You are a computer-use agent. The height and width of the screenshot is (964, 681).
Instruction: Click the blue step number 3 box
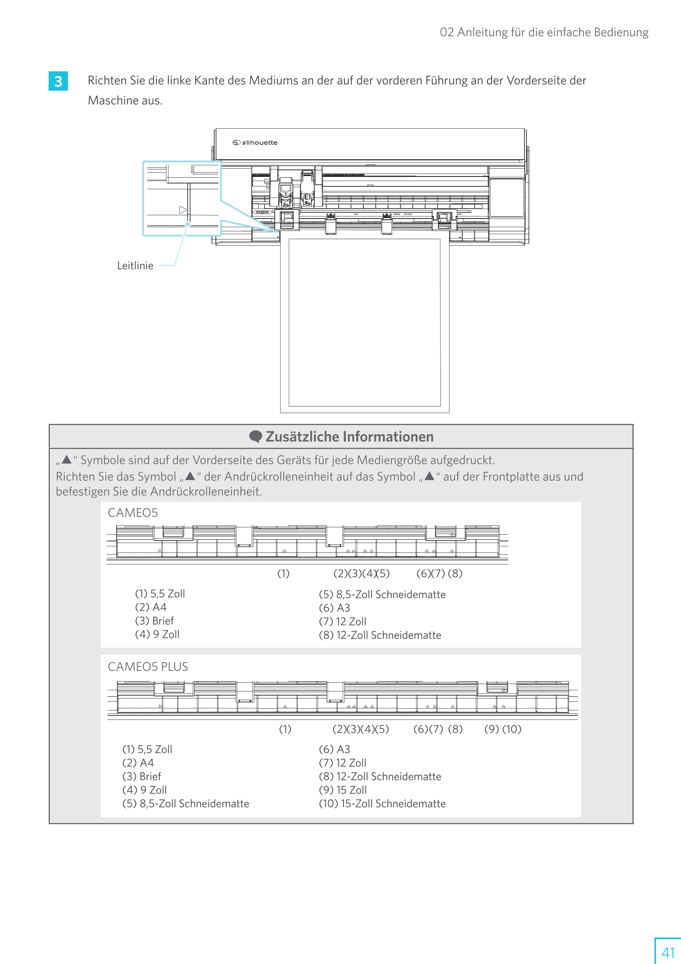(58, 81)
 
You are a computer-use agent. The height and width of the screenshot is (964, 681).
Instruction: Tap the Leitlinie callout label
(135, 266)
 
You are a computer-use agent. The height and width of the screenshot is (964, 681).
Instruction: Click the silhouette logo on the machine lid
(255, 143)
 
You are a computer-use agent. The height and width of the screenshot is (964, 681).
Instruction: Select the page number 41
(667, 952)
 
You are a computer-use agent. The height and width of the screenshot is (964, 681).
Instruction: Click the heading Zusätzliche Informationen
(349, 437)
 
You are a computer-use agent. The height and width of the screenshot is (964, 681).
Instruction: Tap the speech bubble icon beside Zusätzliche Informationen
(255, 437)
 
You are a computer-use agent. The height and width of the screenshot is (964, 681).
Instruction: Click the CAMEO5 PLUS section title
(148, 667)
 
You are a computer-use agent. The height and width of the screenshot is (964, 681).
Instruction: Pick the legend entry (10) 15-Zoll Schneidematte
(382, 804)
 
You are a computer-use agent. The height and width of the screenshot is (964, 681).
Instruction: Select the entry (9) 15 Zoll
(342, 790)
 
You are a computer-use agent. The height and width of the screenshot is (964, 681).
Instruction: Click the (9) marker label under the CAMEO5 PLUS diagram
(491, 729)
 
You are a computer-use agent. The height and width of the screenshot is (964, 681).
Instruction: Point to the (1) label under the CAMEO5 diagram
(283, 574)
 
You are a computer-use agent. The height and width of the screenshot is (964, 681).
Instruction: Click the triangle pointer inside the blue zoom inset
(183, 209)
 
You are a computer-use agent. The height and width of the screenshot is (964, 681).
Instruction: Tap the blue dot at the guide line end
(188, 224)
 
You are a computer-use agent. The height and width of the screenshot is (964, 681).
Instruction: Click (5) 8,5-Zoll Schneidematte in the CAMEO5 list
(382, 595)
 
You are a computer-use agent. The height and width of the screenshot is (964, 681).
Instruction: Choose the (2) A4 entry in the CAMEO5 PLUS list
(138, 763)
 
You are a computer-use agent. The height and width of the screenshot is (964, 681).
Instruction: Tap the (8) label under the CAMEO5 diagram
(455, 574)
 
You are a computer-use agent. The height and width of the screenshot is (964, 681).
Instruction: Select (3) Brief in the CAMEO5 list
(154, 621)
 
